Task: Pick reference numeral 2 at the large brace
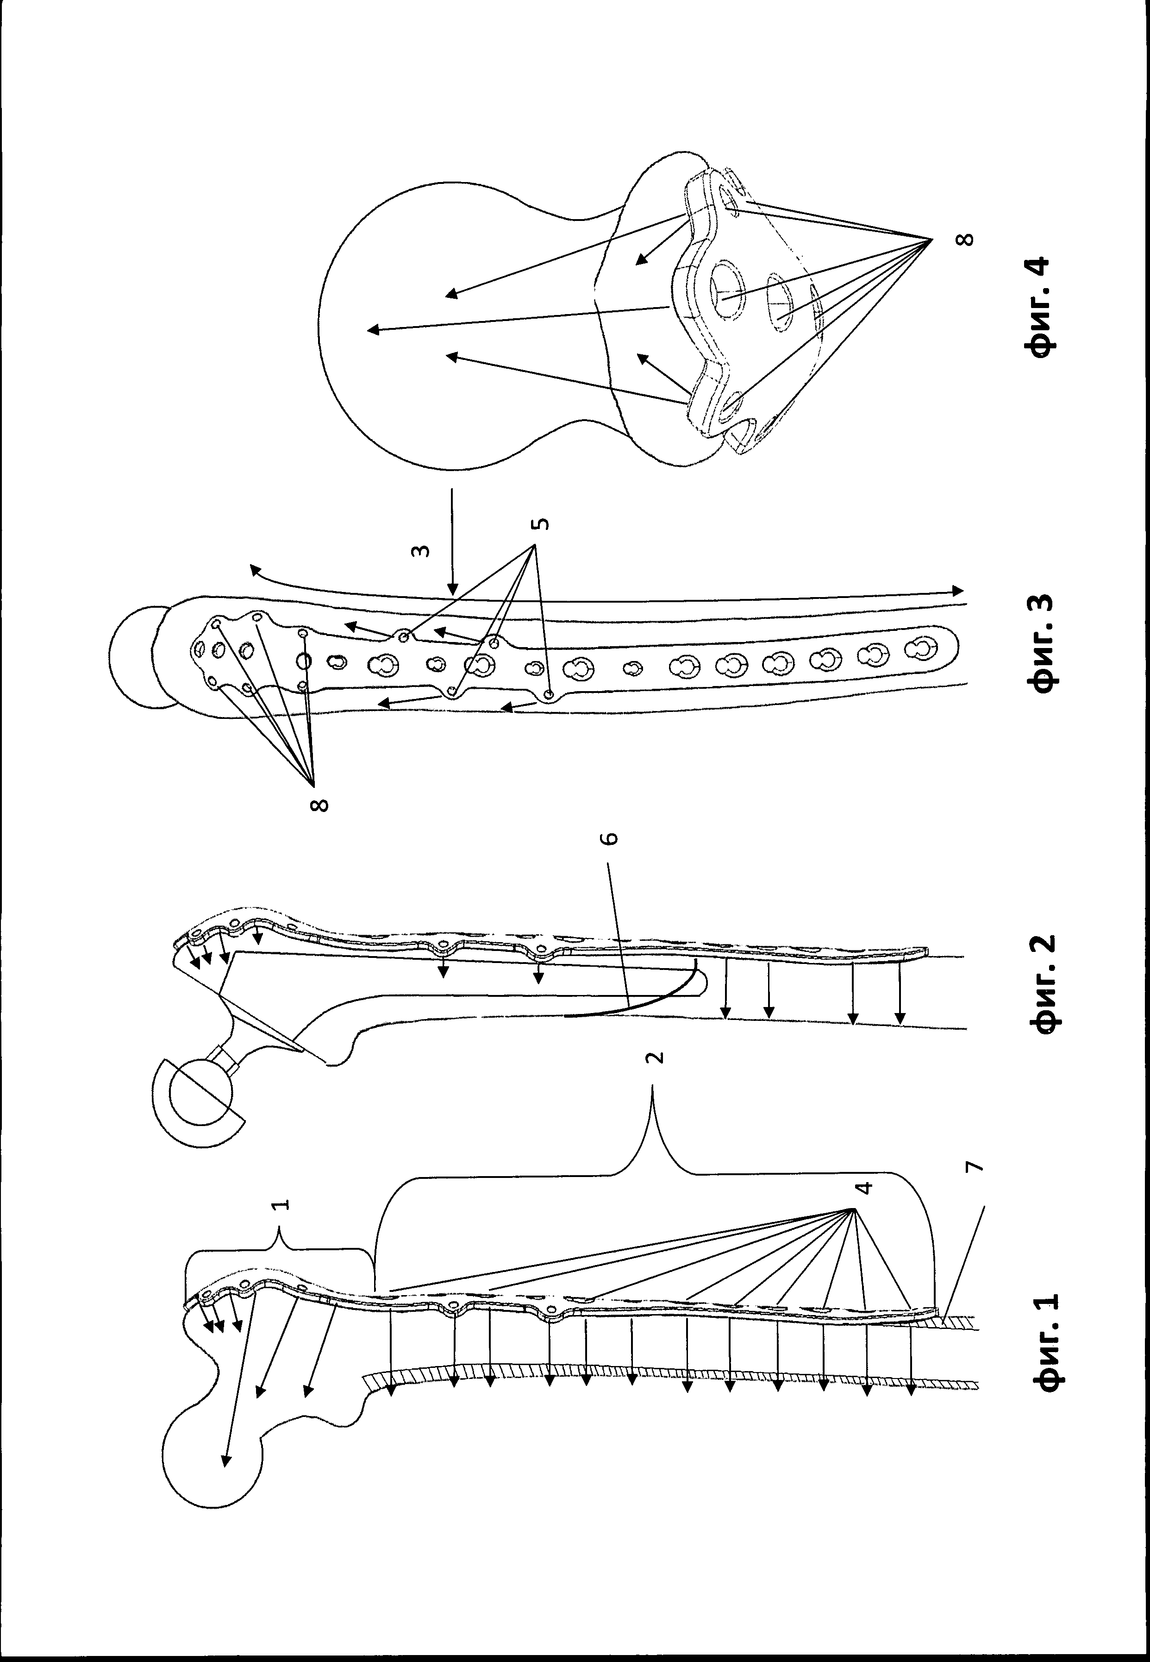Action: point(654,1058)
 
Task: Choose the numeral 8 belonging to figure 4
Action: point(968,238)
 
